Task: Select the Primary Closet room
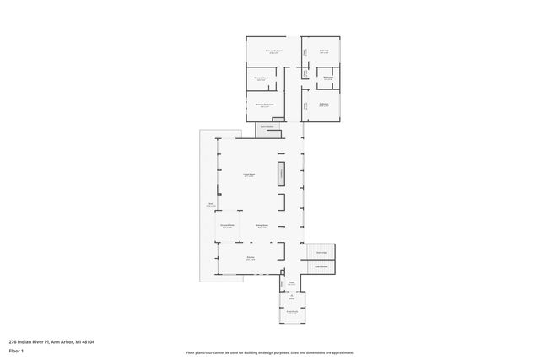262,78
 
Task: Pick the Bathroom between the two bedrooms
327,78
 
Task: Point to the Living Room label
250,175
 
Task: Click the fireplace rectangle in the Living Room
282,175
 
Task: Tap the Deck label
211,204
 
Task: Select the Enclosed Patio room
227,226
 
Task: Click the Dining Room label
262,226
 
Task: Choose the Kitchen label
251,258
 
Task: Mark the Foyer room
291,283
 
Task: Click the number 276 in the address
13,341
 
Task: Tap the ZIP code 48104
88,341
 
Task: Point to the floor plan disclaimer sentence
270,352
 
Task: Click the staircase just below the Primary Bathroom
268,127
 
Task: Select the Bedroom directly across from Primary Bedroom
323,51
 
